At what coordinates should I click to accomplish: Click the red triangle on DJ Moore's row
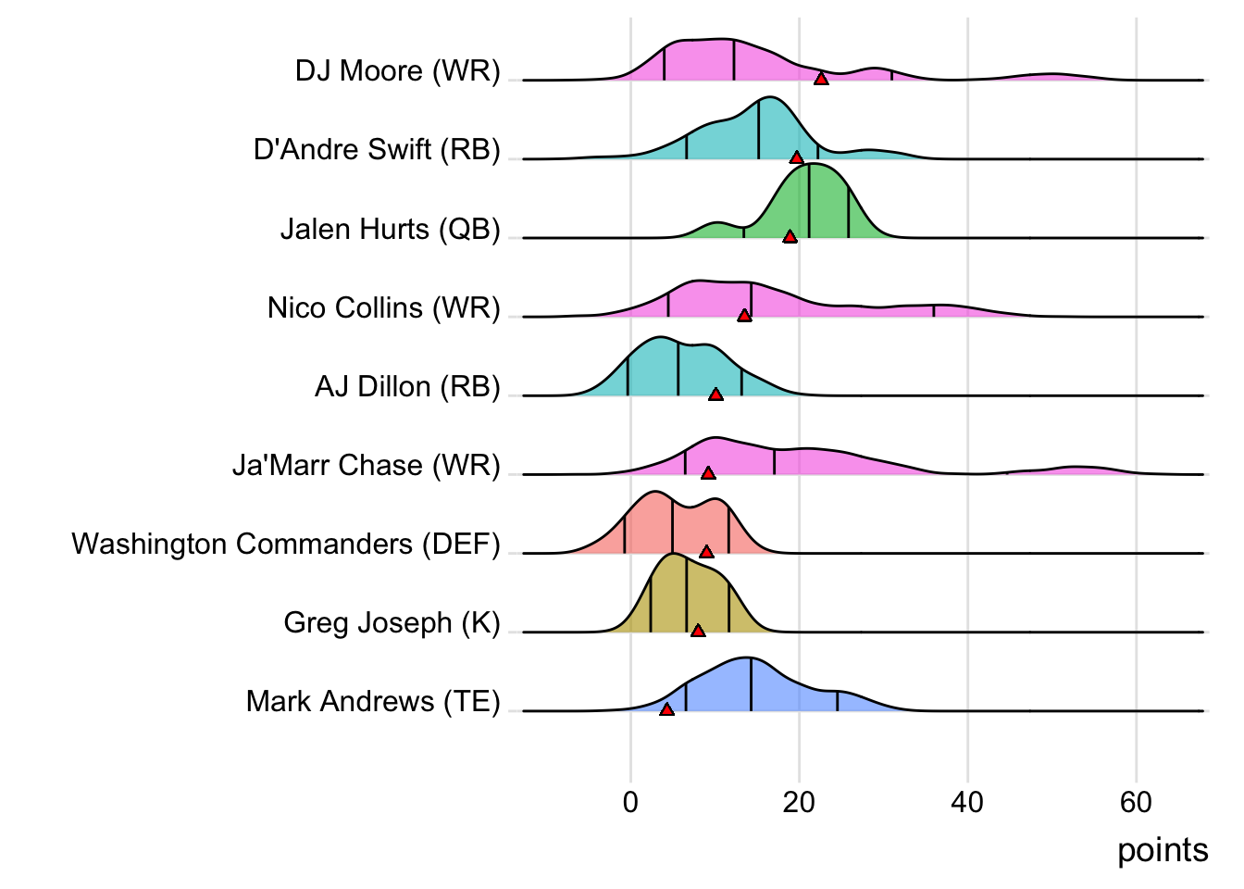821,79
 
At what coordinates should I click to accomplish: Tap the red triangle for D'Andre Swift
796,157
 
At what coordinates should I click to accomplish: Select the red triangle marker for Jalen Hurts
790,237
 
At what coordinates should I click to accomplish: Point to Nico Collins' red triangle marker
744,316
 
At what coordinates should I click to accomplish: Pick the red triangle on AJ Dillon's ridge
715,394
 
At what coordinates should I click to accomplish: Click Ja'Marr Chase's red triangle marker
708,473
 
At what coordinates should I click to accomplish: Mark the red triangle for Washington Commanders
706,552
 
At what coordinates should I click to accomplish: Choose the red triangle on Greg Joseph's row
698,631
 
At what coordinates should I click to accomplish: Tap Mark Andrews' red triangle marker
666,709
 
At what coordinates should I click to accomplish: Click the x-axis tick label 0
630,802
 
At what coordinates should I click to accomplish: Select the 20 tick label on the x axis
799,802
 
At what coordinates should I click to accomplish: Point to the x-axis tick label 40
967,802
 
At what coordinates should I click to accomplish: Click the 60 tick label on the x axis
1136,802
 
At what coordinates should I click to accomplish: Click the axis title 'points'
1163,850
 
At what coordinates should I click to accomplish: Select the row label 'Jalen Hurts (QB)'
390,229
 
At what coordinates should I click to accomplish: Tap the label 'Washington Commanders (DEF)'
285,544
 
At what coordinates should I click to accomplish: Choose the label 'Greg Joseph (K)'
392,622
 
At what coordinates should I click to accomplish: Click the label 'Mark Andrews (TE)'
373,702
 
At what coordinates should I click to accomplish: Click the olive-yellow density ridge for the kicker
685,597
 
